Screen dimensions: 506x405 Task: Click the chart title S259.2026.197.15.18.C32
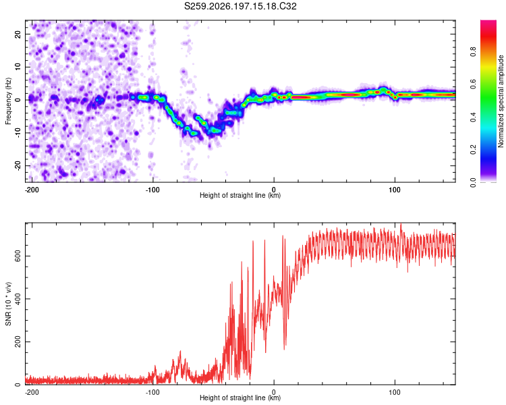240,6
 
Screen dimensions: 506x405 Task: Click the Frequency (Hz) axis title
8,101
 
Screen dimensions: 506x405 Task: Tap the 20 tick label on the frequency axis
18,34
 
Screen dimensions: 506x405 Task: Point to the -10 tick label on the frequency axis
18,132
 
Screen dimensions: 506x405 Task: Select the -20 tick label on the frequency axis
18,165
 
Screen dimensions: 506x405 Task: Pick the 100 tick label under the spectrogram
395,190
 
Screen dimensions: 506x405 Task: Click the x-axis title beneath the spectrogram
240,195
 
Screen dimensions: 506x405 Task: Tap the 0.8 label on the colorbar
473,52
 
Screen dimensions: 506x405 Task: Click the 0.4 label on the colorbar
473,117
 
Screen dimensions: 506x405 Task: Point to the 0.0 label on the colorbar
473,183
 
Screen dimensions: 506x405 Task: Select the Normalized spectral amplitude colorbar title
501,101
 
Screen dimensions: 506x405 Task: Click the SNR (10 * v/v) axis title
8,304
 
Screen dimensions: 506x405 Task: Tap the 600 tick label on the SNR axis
18,256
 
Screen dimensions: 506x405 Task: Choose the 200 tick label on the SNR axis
18,342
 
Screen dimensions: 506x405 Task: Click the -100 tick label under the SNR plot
152,392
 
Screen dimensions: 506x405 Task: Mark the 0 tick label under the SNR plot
274,392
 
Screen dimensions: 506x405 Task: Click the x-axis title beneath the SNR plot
240,398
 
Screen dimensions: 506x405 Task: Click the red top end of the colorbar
488,22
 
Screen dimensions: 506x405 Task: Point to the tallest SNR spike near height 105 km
401,225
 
